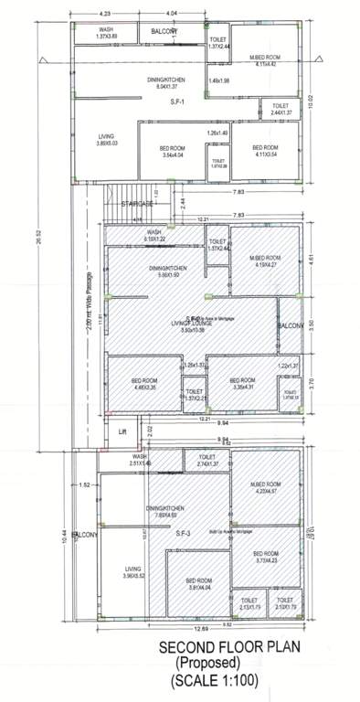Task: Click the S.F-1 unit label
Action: click(x=177, y=103)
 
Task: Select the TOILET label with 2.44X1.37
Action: click(x=279, y=109)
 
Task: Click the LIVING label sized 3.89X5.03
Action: click(x=107, y=140)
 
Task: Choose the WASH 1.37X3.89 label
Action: click(x=107, y=33)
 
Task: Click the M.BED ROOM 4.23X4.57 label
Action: click(x=265, y=486)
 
